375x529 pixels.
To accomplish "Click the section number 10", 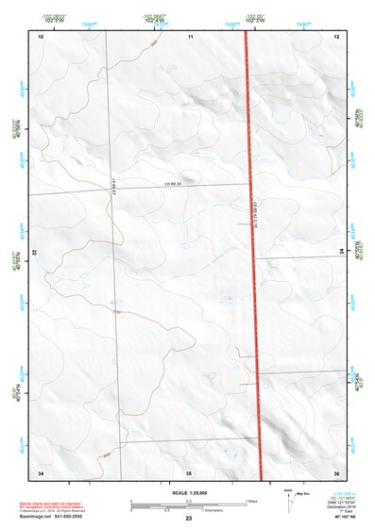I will tap(41, 37).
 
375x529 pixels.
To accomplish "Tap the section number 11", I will tap(189, 37).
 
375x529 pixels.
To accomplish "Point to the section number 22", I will tap(35, 254).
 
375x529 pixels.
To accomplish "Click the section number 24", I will tap(341, 253).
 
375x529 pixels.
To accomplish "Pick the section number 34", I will tap(41, 471).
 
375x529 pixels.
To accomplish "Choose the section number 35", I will tap(189, 471).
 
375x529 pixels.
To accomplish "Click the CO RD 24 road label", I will tap(171, 184).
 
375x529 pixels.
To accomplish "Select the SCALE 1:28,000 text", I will tap(188, 493).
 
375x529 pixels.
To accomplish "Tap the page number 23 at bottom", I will tap(188, 520).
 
